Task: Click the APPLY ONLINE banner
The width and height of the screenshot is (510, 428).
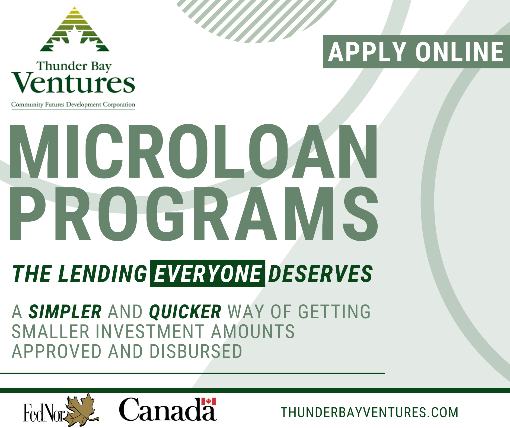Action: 416,52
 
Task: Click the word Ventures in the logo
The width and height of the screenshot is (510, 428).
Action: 73,83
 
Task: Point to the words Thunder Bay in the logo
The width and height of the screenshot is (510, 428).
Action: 74,66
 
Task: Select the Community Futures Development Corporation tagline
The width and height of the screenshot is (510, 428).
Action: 73,105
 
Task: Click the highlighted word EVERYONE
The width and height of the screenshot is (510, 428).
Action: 208,273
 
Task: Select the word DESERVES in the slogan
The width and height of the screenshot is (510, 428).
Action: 320,273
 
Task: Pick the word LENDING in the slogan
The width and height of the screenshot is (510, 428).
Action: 103,273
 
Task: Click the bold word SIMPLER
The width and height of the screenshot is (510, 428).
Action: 65,311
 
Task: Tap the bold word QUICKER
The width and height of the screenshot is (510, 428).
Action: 185,311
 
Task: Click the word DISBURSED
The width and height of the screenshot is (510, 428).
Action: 196,351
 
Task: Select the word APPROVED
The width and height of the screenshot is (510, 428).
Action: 56,351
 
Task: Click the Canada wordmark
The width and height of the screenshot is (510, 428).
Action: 167,410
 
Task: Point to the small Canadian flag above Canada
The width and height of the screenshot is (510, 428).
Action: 208,401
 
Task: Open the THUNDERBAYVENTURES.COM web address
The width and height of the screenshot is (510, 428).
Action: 369,413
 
